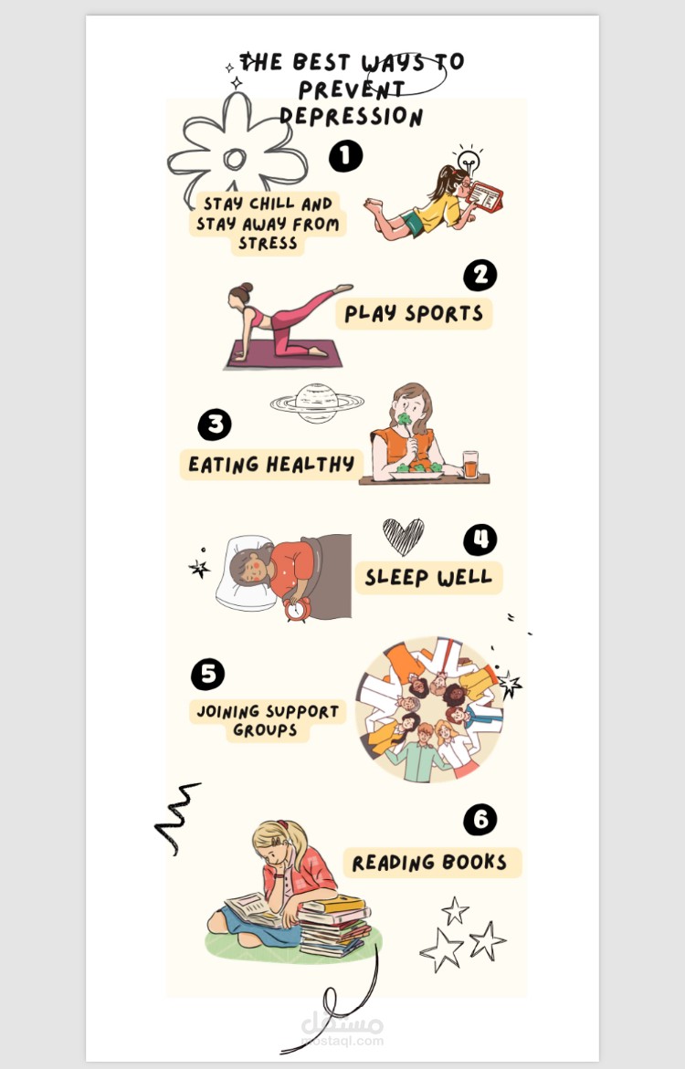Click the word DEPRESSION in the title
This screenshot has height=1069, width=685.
tap(352, 115)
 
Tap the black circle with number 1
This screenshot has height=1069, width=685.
tap(345, 156)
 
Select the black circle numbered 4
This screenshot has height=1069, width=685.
tap(479, 540)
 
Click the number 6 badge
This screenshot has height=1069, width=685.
tap(479, 820)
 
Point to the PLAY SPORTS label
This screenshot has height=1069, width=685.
tap(414, 314)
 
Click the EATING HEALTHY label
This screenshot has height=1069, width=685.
tap(271, 465)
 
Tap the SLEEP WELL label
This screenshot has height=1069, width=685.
tap(428, 578)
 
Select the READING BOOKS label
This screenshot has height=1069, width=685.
tap(432, 863)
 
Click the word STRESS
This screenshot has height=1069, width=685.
tap(268, 244)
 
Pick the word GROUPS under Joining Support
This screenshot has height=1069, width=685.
tap(265, 730)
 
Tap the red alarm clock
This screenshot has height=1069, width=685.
tap(297, 609)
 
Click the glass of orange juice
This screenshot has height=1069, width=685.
tap(470, 465)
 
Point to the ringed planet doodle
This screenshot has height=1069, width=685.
tap(317, 403)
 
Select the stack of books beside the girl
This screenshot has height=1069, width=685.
tap(334, 926)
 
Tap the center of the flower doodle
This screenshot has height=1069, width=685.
tap(235, 159)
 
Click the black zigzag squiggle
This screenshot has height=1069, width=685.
tap(176, 817)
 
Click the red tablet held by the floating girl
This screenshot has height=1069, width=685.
tap(486, 196)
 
